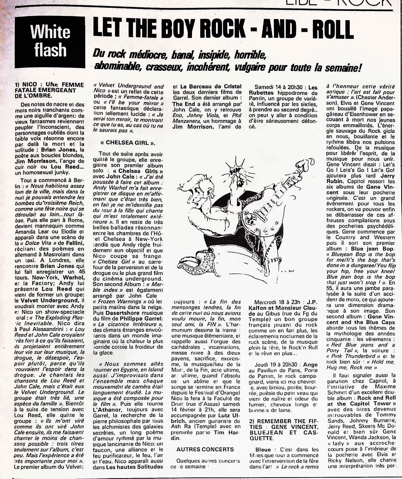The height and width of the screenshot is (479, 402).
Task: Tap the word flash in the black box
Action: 50,50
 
